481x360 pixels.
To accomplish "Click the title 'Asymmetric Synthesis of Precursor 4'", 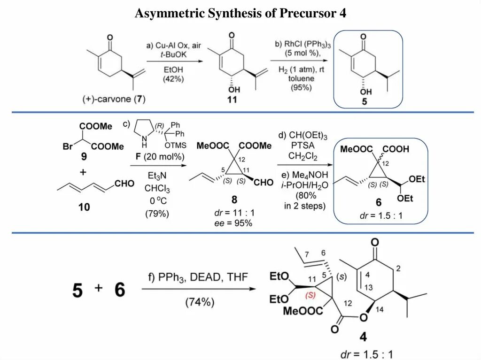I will (240, 13).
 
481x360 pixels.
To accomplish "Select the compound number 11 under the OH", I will (232, 100).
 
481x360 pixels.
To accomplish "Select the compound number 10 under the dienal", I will (84, 207).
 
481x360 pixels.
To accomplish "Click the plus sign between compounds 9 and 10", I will (83, 172).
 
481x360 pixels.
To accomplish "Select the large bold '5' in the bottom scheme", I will (78, 291).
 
